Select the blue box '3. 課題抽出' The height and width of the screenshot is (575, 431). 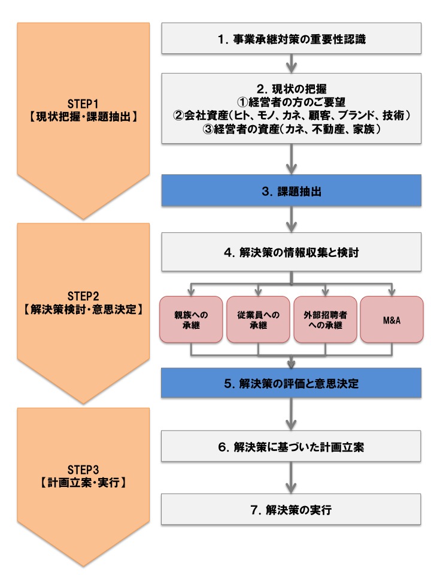tap(292, 192)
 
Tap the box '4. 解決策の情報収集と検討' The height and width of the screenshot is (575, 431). tap(292, 252)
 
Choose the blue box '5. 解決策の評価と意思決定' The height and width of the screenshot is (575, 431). tap(292, 384)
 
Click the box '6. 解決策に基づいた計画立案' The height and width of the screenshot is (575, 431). tap(292, 446)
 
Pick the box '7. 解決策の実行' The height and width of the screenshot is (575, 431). tap(292, 510)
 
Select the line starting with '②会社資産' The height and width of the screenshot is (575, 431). tap(292, 114)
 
